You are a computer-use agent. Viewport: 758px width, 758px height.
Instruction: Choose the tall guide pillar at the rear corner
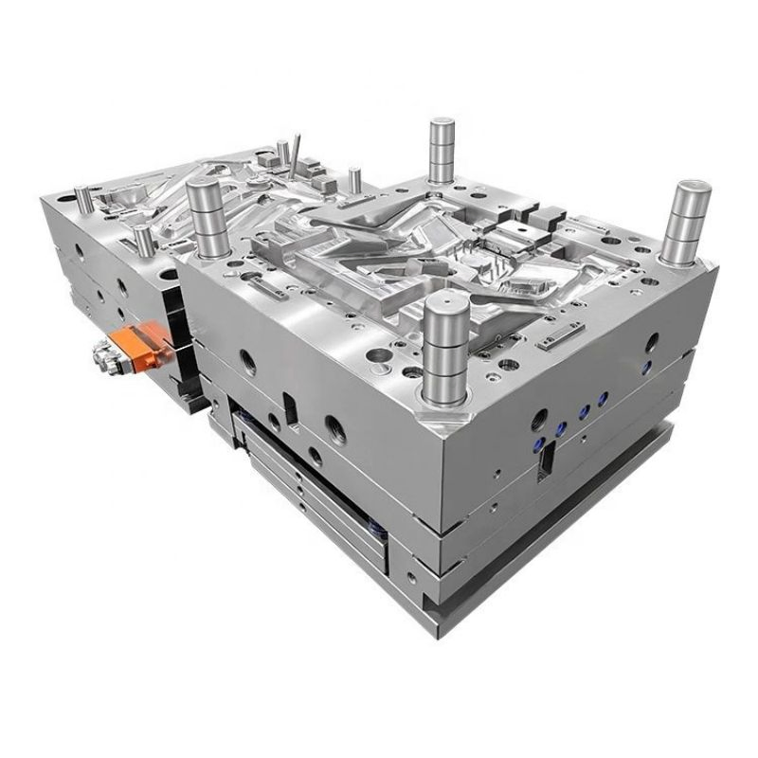(x=441, y=152)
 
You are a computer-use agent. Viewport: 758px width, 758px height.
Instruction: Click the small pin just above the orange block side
(x=142, y=240)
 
